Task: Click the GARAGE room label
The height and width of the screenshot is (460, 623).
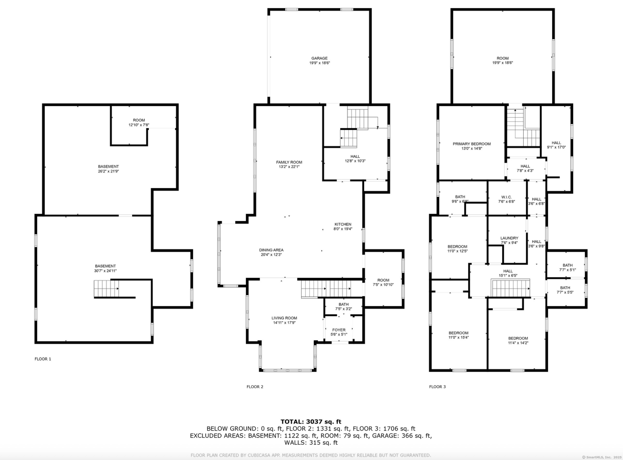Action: click(x=319, y=58)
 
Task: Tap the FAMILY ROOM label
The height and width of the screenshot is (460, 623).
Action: click(x=289, y=162)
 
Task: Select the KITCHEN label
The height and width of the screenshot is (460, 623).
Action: click(x=343, y=224)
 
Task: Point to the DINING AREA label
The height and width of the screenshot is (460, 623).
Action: click(x=271, y=250)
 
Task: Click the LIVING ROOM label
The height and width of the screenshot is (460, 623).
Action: click(x=284, y=318)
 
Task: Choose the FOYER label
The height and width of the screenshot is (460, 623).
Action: click(x=339, y=330)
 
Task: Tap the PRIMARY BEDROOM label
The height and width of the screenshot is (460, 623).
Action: click(x=472, y=144)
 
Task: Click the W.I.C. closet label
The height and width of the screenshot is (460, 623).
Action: click(x=506, y=197)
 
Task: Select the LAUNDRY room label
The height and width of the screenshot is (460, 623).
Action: click(x=509, y=238)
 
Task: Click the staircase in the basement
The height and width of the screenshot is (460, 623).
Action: click(x=106, y=289)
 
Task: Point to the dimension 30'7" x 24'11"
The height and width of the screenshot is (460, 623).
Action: click(x=105, y=271)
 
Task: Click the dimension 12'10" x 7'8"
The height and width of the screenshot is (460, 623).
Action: click(x=139, y=125)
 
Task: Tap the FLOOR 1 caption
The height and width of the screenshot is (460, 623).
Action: click(x=43, y=359)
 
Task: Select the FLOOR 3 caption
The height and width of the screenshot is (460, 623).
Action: click(x=437, y=386)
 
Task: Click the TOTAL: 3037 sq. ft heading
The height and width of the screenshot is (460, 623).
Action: click(x=311, y=422)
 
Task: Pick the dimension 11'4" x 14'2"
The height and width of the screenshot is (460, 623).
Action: click(x=518, y=343)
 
